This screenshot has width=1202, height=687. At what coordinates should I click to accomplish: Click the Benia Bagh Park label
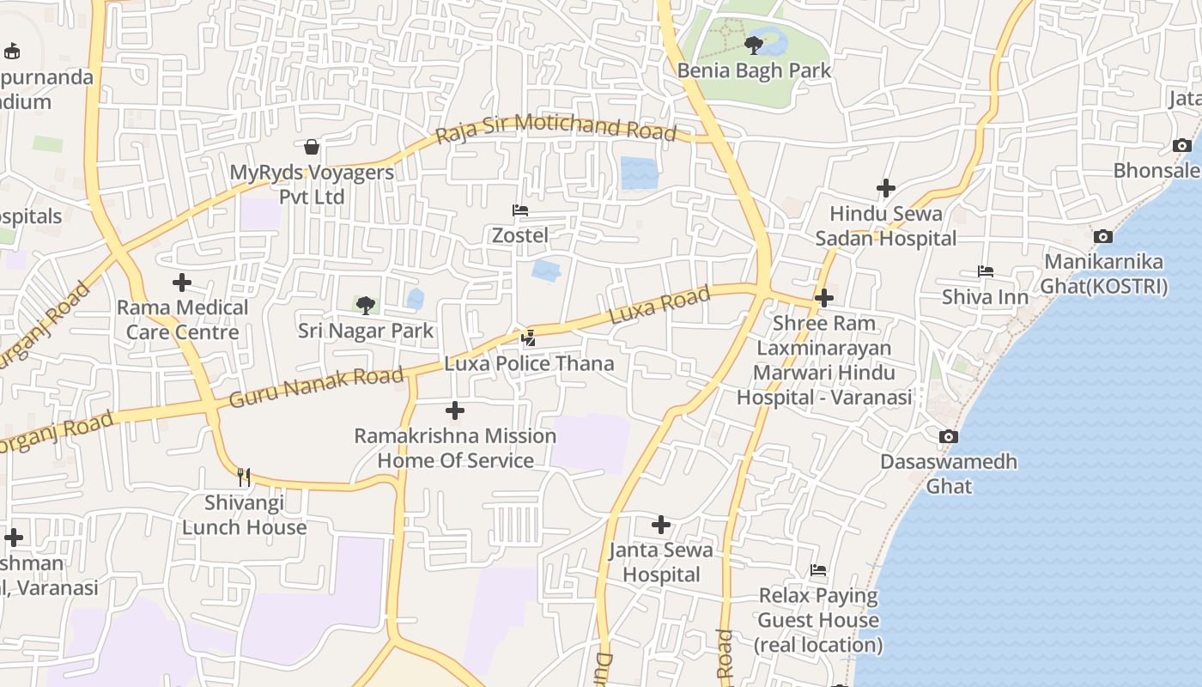tap(755, 70)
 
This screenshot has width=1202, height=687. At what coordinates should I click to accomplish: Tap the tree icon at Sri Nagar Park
tap(366, 305)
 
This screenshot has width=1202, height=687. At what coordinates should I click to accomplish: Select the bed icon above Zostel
tap(519, 210)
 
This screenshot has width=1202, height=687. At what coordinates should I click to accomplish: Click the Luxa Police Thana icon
tap(529, 338)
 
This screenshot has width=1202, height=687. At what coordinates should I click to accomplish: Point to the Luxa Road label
tap(659, 306)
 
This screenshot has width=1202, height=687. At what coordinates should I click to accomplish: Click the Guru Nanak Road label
tap(316, 387)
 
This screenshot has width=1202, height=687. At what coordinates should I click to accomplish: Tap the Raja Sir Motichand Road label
tap(555, 129)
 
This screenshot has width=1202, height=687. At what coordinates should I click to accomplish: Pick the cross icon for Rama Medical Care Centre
tap(182, 282)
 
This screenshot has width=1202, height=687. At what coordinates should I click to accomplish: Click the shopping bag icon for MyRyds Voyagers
tap(312, 147)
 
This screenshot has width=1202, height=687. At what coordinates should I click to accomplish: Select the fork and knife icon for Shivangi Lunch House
tap(244, 477)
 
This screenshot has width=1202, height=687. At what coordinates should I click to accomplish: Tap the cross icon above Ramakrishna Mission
tap(455, 410)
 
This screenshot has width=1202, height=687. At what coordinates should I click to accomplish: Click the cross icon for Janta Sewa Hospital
tap(661, 524)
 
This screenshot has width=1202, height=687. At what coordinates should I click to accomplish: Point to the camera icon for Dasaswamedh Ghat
tap(949, 436)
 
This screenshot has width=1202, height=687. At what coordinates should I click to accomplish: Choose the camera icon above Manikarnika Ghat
tap(1103, 236)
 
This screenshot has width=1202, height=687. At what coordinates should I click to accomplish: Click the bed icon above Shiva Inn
tap(985, 271)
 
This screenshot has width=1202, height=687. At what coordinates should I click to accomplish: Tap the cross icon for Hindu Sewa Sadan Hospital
tap(886, 187)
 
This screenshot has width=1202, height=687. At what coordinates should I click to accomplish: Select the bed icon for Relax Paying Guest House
tap(818, 570)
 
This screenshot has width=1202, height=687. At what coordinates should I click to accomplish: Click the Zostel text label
tap(519, 234)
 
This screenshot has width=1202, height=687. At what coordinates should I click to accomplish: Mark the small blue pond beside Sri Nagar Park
tap(416, 299)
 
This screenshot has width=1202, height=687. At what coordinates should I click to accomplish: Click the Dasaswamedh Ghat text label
tap(949, 473)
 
